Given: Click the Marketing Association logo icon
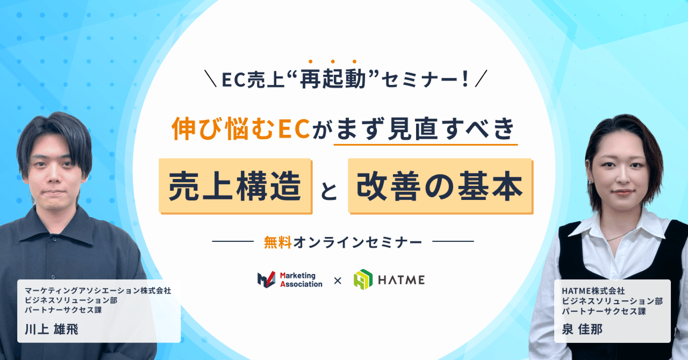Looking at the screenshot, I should pos(267,279).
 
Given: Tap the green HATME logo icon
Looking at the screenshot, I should pos(363,279).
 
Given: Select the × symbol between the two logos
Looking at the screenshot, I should pos(338,280).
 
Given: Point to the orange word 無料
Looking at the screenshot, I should pos(277,242).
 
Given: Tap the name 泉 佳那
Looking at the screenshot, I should pos(582,329).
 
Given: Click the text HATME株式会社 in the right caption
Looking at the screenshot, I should pos(593,291).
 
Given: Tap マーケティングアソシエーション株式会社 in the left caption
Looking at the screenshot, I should pos(97,291).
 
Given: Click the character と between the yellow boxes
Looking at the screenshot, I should pos(329,192).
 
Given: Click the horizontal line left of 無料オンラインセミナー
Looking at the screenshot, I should pos(232,242).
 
